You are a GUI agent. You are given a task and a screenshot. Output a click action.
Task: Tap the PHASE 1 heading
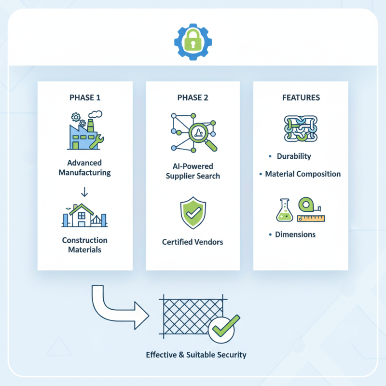[85, 97]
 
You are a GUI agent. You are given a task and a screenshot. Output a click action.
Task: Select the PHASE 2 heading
[193, 97]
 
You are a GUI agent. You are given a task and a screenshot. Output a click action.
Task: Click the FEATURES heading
[301, 97]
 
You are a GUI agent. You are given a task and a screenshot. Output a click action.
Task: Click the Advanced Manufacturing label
[84, 167]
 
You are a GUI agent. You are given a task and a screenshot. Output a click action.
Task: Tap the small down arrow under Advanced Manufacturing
[85, 192]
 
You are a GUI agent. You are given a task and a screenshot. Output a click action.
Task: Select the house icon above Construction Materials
[85, 215]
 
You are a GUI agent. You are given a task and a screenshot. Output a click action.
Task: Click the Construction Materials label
[85, 245]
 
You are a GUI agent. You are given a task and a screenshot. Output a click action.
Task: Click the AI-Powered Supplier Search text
[193, 171]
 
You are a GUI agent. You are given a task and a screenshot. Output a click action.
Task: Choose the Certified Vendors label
[193, 242]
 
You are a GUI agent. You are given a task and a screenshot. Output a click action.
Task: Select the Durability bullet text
[294, 156]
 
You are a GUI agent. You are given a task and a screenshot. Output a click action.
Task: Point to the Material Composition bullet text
[303, 174]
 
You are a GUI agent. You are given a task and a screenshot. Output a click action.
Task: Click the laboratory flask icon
[285, 210]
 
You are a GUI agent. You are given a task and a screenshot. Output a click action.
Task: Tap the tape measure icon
[311, 210]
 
